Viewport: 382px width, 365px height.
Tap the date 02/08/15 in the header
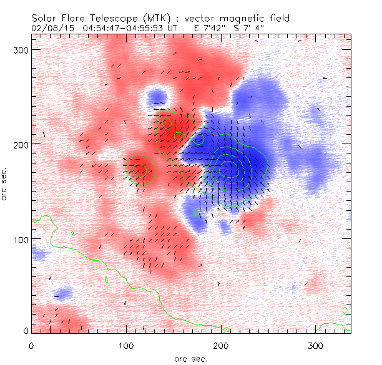click(x=51, y=27)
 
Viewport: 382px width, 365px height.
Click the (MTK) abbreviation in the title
click(x=172, y=19)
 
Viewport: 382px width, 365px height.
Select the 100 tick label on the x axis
click(x=126, y=345)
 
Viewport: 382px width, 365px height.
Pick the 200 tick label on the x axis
click(x=221, y=345)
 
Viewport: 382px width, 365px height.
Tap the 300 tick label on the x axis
click(x=316, y=345)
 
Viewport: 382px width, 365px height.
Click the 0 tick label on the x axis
click(x=31, y=345)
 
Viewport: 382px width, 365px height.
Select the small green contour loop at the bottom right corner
click(x=346, y=310)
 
